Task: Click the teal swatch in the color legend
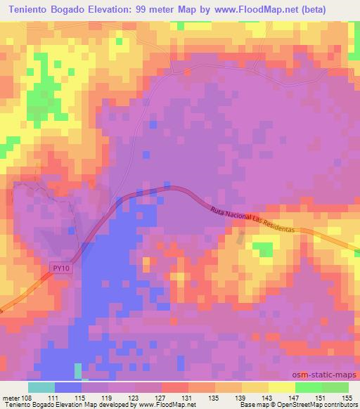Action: (41, 387)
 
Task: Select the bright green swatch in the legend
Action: (308, 387)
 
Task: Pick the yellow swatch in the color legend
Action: (281, 387)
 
